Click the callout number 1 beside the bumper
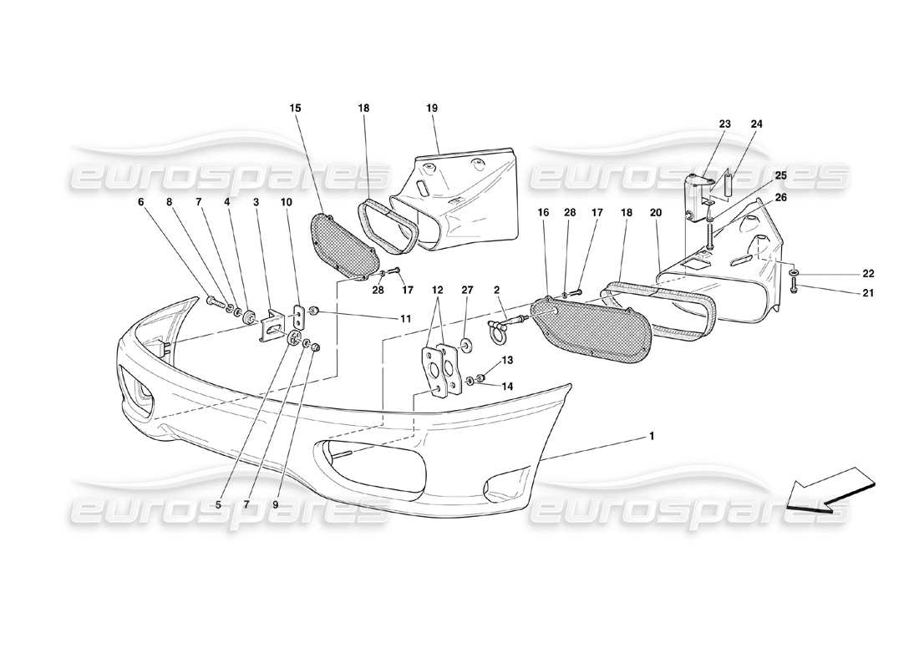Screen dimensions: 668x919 [652, 435]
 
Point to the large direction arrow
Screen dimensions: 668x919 [830, 493]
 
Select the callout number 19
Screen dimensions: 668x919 [432, 108]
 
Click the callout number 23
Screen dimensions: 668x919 [724, 124]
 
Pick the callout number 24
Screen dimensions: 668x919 [756, 124]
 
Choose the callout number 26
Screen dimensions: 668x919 [780, 197]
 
